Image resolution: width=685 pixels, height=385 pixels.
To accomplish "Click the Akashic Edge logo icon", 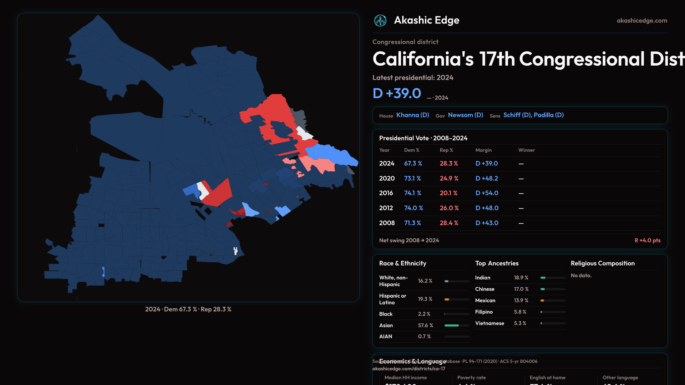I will (380, 21).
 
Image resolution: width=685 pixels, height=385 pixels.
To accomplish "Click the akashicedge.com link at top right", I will (642, 21).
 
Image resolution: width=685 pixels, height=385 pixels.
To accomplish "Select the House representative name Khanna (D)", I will (412, 115).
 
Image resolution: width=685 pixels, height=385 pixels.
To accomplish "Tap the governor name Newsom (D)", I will (465, 115).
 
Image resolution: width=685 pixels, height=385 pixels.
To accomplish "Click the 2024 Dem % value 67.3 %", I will (413, 164).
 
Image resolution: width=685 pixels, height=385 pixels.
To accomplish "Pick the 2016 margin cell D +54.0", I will (487, 193).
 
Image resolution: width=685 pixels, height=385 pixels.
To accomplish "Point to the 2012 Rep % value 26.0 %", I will (449, 208).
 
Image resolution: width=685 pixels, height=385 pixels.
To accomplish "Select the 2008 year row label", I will (387, 223).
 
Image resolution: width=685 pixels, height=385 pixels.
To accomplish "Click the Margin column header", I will (483, 150).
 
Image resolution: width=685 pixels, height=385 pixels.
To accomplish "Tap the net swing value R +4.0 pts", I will (647, 241).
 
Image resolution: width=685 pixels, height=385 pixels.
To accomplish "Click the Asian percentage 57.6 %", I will (425, 325).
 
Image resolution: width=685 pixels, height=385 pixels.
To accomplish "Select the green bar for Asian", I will (451, 325).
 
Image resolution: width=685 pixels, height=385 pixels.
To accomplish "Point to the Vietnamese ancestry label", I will (489, 323).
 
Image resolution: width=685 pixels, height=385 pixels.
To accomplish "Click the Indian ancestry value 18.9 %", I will (521, 278).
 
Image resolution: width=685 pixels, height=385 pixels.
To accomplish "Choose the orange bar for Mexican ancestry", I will (542, 301).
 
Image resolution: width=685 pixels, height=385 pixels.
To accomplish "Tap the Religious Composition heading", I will (603, 263).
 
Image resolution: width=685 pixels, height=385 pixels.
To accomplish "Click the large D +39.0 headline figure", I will (397, 93).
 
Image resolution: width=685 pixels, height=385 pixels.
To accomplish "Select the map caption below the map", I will (188, 309).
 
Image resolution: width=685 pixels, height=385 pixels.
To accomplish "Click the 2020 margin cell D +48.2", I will (487, 179).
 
